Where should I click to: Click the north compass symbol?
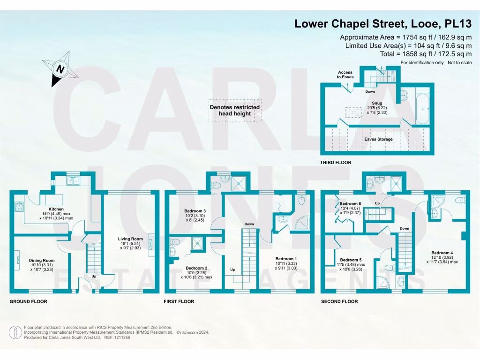60,70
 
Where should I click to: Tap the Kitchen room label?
56,209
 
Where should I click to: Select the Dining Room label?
42,261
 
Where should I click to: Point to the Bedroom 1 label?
286,259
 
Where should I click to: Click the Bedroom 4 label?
441,253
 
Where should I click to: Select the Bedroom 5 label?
351,260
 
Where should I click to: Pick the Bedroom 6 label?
350,204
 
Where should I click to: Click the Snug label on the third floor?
377,103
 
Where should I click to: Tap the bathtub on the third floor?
423,108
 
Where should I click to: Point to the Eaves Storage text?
379,139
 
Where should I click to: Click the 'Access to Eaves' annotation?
345,75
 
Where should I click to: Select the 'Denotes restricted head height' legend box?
235,110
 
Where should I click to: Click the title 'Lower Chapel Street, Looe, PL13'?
383,23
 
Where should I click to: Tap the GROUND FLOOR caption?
29,301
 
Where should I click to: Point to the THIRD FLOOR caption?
336,163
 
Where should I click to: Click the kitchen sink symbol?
74,180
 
